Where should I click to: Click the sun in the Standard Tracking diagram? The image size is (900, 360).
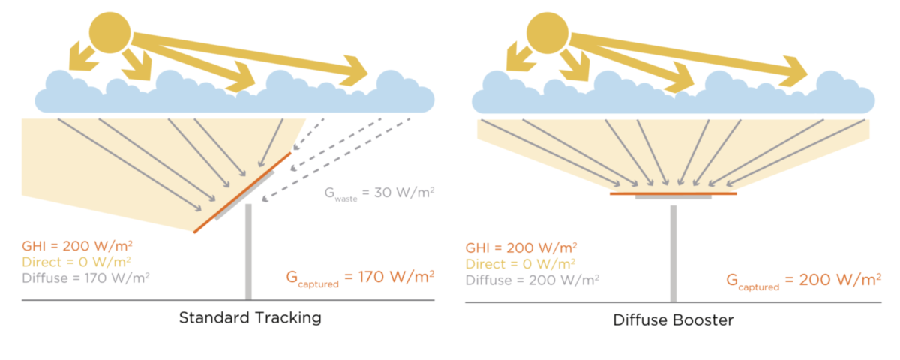[x=109, y=32]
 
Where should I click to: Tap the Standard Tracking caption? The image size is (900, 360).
[x=250, y=317]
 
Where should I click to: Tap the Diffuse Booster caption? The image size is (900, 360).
[x=673, y=319]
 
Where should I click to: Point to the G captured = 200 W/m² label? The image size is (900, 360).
[x=802, y=280]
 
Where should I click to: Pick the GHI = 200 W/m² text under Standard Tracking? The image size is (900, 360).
[x=78, y=245]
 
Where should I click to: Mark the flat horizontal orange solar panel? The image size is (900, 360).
[x=673, y=193]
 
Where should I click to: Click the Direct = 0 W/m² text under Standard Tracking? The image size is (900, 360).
[x=77, y=262]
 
